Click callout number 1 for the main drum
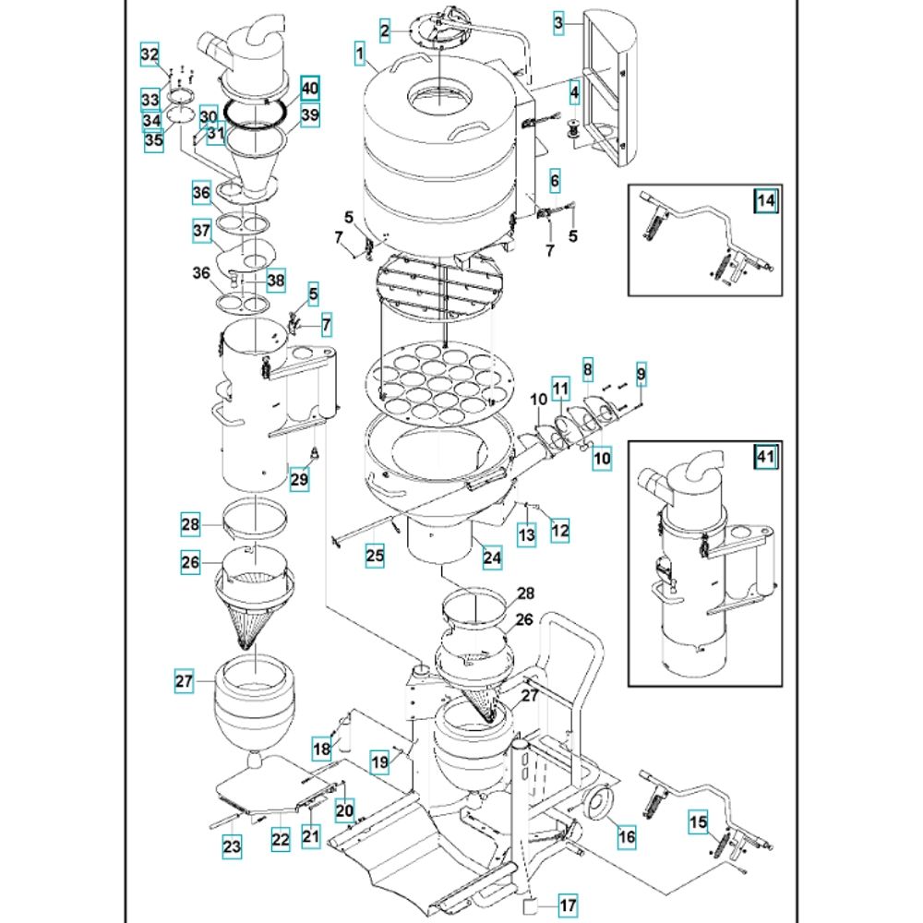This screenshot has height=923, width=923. point(358,54)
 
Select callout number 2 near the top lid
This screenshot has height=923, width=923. point(384,31)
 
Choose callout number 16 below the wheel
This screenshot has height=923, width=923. point(626,837)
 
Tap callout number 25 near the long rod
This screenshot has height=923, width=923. point(373,556)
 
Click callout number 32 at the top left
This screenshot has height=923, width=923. point(150,55)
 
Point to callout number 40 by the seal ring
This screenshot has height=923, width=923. point(309,89)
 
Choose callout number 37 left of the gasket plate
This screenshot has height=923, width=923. point(202,231)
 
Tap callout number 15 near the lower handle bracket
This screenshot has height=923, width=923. point(699,821)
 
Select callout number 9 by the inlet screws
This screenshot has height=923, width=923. point(641,374)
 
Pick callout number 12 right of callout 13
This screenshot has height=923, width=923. point(559,531)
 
